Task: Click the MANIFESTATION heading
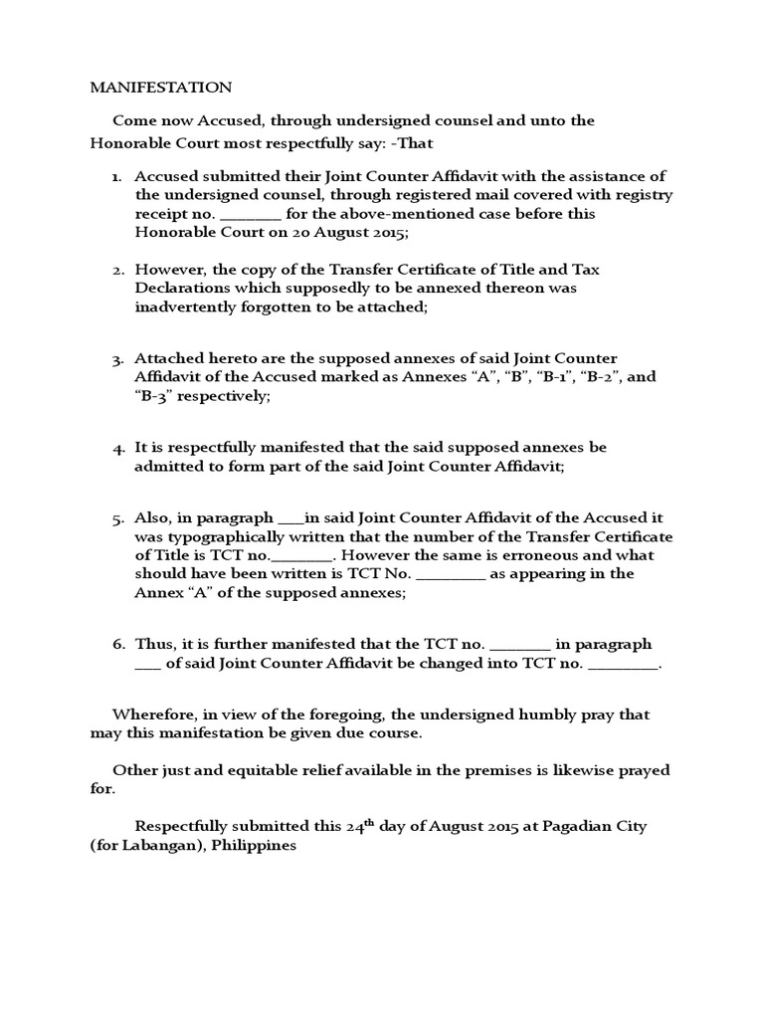coord(160,88)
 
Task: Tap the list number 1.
coord(116,176)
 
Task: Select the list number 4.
coord(116,448)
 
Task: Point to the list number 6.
coord(116,645)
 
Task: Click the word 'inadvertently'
coord(184,307)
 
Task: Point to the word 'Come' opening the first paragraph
coord(132,120)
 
